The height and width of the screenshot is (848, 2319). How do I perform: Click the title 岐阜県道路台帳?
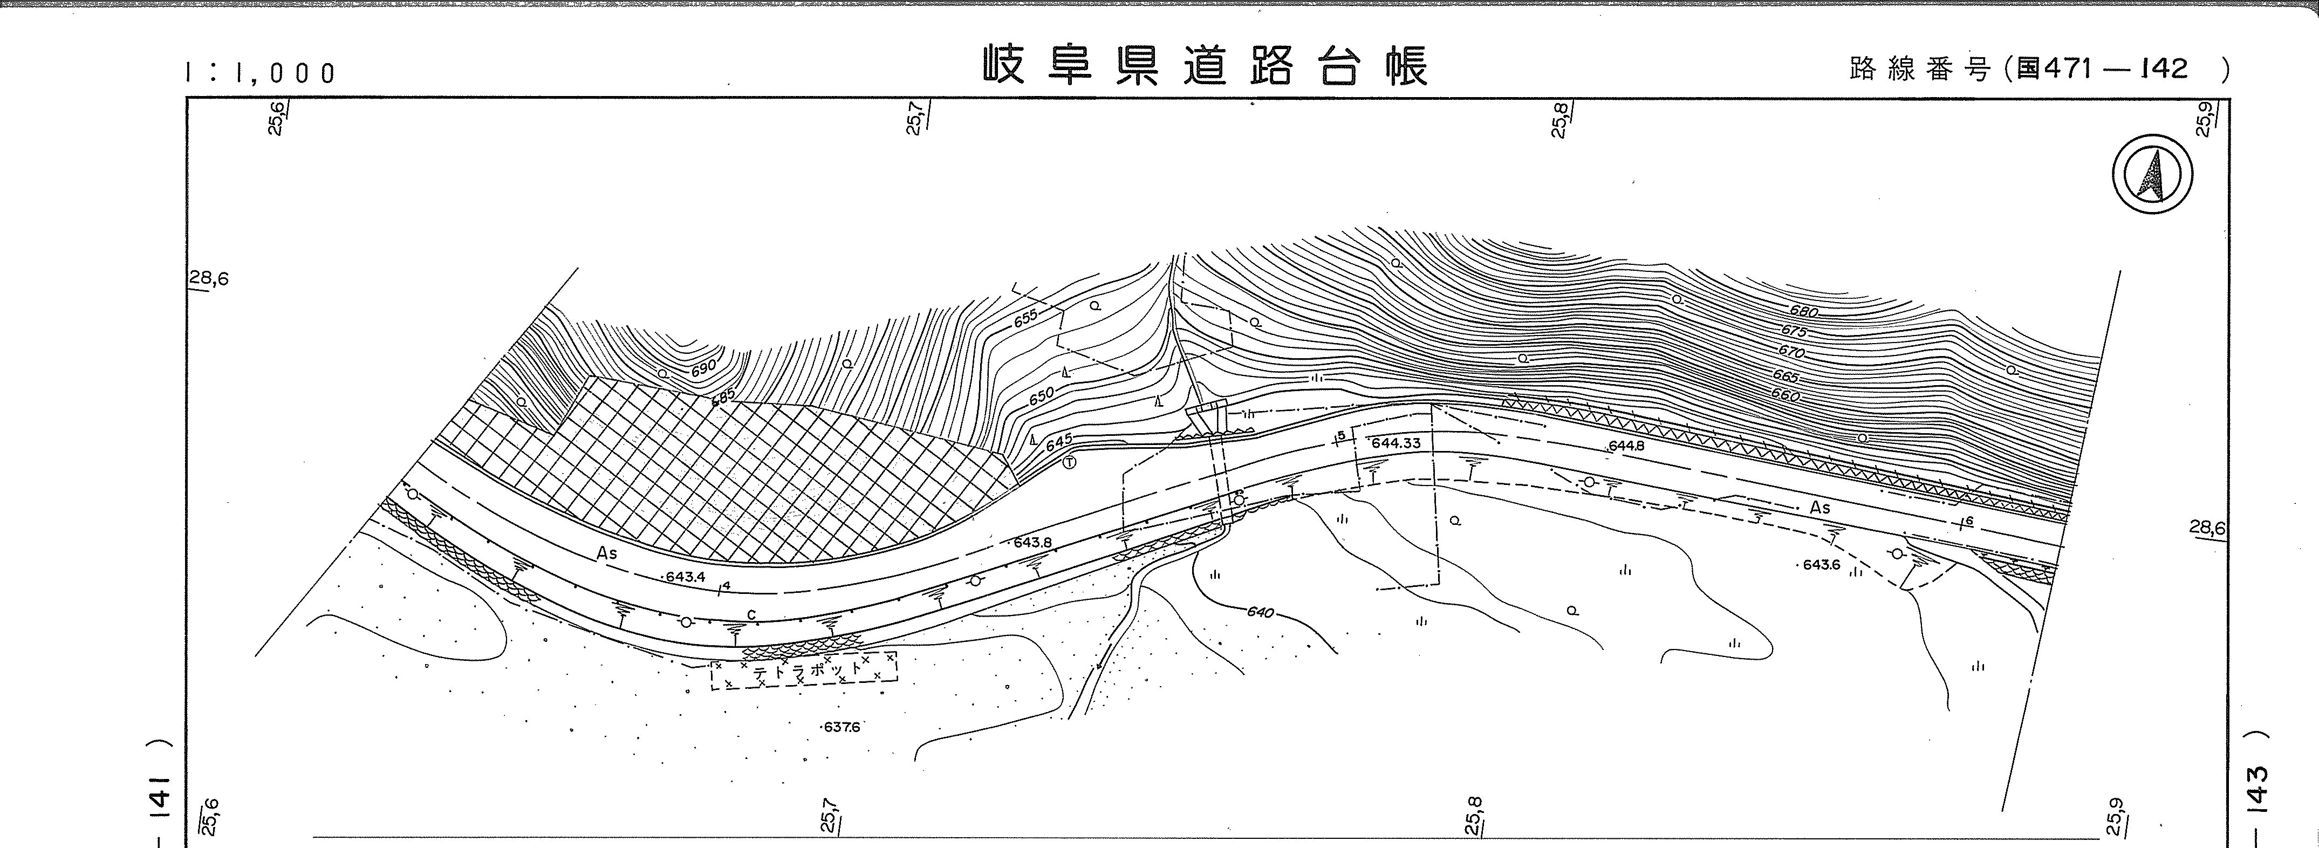tap(1206, 66)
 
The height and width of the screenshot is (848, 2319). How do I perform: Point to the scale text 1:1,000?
tap(260, 73)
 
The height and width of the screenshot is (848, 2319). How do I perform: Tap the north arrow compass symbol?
tap(2152, 175)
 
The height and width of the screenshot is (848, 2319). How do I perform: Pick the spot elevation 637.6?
tap(841, 727)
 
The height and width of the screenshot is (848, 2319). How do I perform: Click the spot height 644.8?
tap(1627, 446)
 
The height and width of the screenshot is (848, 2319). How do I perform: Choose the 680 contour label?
tap(1803, 311)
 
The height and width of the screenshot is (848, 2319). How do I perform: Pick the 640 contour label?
tap(1260, 612)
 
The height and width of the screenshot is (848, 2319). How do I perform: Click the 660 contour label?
tap(1784, 395)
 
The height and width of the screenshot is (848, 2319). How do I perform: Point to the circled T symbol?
tap(1070, 463)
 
